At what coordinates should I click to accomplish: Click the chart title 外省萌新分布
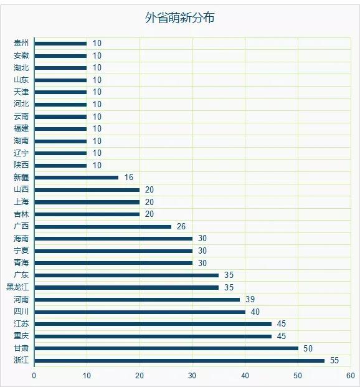point(180,18)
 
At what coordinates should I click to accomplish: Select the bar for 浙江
point(179,361)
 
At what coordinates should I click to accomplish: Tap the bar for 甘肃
point(166,348)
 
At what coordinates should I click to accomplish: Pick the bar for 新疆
point(77,178)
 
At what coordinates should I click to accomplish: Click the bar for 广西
point(103,226)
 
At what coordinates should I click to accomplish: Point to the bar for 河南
point(137,300)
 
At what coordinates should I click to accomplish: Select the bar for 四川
point(140,312)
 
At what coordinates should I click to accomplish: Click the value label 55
point(334,361)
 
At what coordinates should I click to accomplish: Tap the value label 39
point(250,300)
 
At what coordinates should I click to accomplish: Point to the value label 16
point(129,178)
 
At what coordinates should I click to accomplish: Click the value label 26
point(181,226)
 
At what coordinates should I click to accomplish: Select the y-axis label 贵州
point(21,43)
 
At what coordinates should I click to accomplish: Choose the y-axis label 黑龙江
point(17,287)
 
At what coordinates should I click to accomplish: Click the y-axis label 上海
point(21,202)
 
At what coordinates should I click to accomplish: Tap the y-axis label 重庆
point(21,336)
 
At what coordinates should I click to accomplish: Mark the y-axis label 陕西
point(21,165)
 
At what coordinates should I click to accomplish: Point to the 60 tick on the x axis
point(351,376)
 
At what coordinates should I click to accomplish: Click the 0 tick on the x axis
point(34,376)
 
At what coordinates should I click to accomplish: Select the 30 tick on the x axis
point(192,376)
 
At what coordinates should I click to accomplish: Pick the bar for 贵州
point(60,44)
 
